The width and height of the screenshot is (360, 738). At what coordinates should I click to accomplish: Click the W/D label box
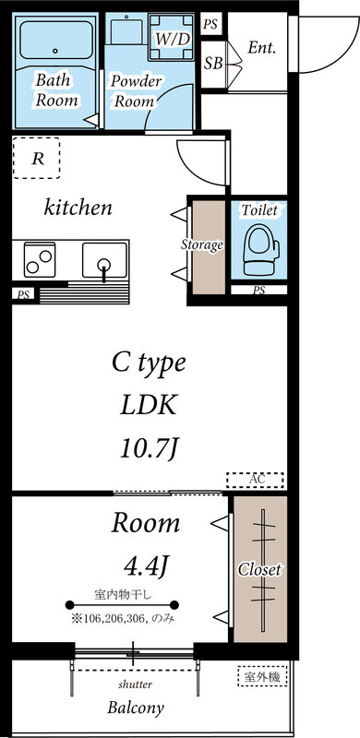172,39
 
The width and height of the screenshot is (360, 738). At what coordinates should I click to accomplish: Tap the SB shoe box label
212,64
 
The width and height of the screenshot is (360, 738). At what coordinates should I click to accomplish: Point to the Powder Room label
136,89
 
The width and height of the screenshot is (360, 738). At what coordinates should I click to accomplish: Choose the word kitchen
78,208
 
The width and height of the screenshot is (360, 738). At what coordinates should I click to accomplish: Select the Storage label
201,245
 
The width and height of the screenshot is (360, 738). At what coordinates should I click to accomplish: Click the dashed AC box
256,480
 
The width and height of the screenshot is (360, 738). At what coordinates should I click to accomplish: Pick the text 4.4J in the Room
147,563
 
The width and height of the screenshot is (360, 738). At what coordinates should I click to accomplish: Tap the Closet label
259,570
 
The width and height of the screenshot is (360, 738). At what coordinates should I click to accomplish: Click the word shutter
135,684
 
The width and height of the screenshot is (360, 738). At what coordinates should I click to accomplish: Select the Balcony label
136,708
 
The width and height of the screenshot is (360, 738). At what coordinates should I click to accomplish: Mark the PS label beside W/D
212,24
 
